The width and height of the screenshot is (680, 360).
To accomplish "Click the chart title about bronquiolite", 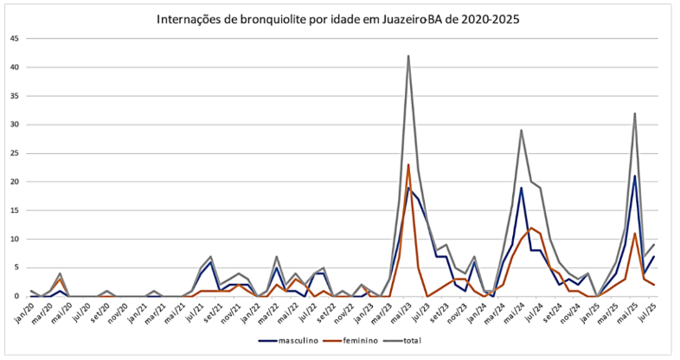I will click(x=338, y=18).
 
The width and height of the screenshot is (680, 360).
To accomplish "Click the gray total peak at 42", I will click(x=408, y=56).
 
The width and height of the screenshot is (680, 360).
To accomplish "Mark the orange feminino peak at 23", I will click(x=408, y=164).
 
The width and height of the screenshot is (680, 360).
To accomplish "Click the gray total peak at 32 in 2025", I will click(x=635, y=113).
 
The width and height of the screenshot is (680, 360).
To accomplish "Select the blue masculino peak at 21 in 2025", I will click(x=635, y=177).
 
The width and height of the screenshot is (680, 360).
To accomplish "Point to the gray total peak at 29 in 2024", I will click(x=522, y=131).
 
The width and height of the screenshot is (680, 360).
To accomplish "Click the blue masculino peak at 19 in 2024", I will click(x=522, y=188).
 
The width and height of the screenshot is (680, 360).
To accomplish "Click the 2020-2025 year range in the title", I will click(x=492, y=18).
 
